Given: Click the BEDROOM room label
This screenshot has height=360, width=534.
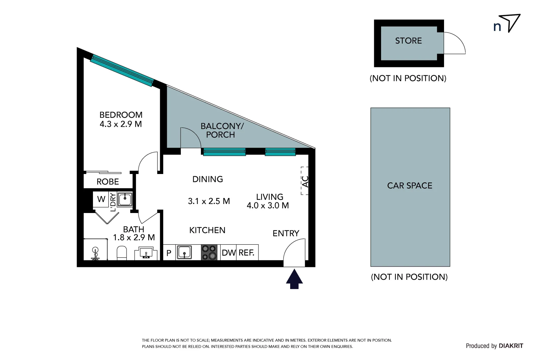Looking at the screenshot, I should [121, 115].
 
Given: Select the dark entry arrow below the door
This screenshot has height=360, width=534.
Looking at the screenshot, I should [294, 279].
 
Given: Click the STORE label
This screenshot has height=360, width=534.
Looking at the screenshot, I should [408, 41].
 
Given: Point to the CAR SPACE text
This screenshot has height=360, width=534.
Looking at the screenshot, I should [410, 186].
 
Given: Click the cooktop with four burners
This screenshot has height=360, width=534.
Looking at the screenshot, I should [209, 252].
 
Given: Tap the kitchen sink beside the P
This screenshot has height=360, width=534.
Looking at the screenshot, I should [184, 252].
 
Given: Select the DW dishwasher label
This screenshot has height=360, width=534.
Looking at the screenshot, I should [229, 253].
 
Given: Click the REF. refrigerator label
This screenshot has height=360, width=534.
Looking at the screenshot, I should [247, 253].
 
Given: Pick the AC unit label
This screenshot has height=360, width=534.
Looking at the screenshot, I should [305, 181].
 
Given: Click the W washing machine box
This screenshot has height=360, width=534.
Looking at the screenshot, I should [101, 199].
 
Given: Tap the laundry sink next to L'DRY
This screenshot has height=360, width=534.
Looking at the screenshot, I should [125, 199].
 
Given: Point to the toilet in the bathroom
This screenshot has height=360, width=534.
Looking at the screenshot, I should [122, 253].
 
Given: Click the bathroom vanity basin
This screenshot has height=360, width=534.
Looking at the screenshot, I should [146, 253].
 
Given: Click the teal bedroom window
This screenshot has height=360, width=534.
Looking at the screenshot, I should [122, 71].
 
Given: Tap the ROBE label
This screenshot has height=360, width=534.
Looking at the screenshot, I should [108, 182].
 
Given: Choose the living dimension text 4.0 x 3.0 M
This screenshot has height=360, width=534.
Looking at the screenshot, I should [267, 206].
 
